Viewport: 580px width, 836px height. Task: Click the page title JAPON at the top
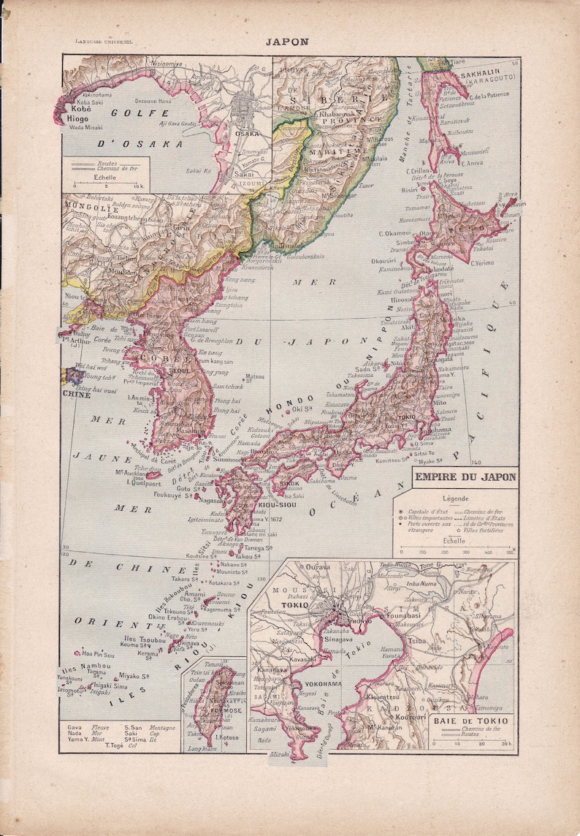(x=286, y=42)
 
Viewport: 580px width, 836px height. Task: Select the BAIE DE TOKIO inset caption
(x=473, y=723)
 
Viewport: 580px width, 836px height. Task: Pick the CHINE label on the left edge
(x=77, y=395)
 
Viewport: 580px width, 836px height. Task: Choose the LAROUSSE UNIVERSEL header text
(x=107, y=42)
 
